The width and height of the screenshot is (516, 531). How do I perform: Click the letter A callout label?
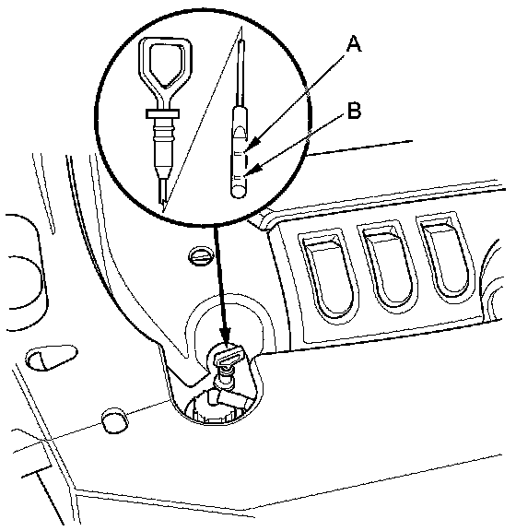pos(354,44)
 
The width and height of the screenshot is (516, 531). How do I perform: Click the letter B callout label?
pos(354,111)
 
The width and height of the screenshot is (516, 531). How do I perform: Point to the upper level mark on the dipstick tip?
pos(239,153)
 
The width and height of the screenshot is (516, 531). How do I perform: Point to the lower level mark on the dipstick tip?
pos(239,178)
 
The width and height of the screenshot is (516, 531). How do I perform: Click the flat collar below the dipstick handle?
pos(162,113)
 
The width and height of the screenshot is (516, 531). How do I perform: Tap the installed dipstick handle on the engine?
pos(228,357)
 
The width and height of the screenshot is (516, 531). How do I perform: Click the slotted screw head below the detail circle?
pos(201,255)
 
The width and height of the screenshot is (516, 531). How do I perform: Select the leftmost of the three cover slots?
pos(329,275)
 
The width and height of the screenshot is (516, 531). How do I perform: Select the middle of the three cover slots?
pos(388,265)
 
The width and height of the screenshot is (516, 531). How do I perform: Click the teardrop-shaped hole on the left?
pos(52,357)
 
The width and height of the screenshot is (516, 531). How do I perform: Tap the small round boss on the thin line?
pos(115,420)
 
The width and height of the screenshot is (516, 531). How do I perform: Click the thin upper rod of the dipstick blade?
pos(240,73)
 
